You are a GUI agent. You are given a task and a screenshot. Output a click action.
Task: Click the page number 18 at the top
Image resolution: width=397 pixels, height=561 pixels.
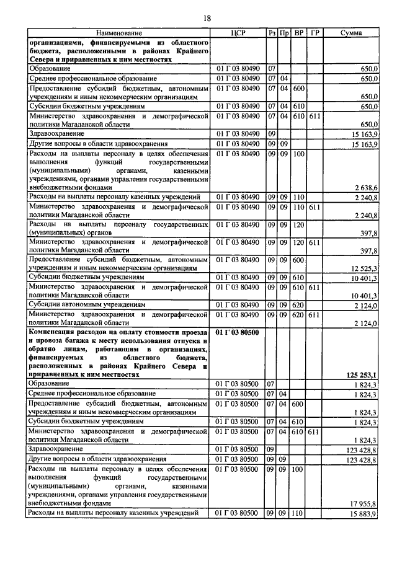point(198,18)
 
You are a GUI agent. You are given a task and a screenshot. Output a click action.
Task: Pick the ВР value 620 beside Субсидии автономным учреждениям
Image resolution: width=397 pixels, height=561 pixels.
point(299,305)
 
